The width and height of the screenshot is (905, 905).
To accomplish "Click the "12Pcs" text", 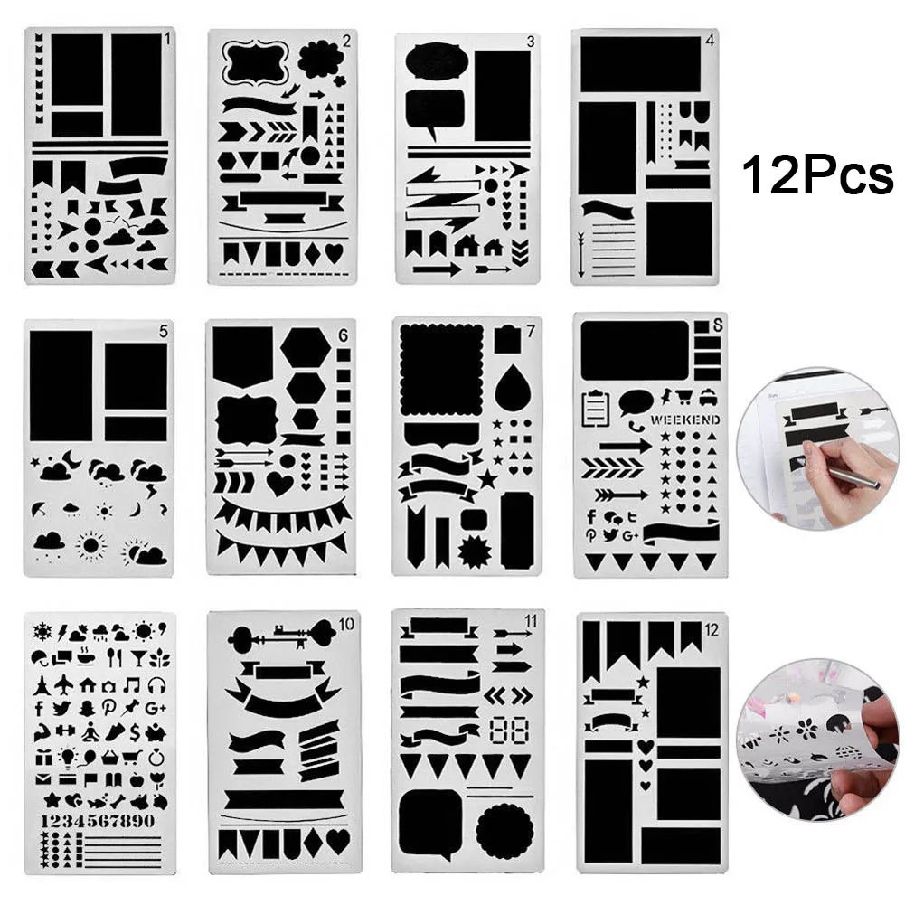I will [x=818, y=175].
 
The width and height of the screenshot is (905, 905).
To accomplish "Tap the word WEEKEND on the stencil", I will [x=684, y=420].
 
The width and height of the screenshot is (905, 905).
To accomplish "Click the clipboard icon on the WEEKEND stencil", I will [x=594, y=408].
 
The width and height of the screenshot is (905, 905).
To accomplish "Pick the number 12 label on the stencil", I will [x=711, y=630].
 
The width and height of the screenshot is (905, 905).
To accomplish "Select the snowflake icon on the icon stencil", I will [x=42, y=630].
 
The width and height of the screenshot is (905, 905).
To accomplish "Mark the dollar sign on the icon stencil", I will [x=134, y=731].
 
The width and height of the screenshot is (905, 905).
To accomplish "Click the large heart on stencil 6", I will [x=279, y=484].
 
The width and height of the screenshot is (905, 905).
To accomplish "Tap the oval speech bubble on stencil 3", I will [x=436, y=61].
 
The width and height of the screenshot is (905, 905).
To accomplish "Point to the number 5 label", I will [x=163, y=332].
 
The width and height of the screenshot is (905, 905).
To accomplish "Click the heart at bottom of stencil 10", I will [x=337, y=842].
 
